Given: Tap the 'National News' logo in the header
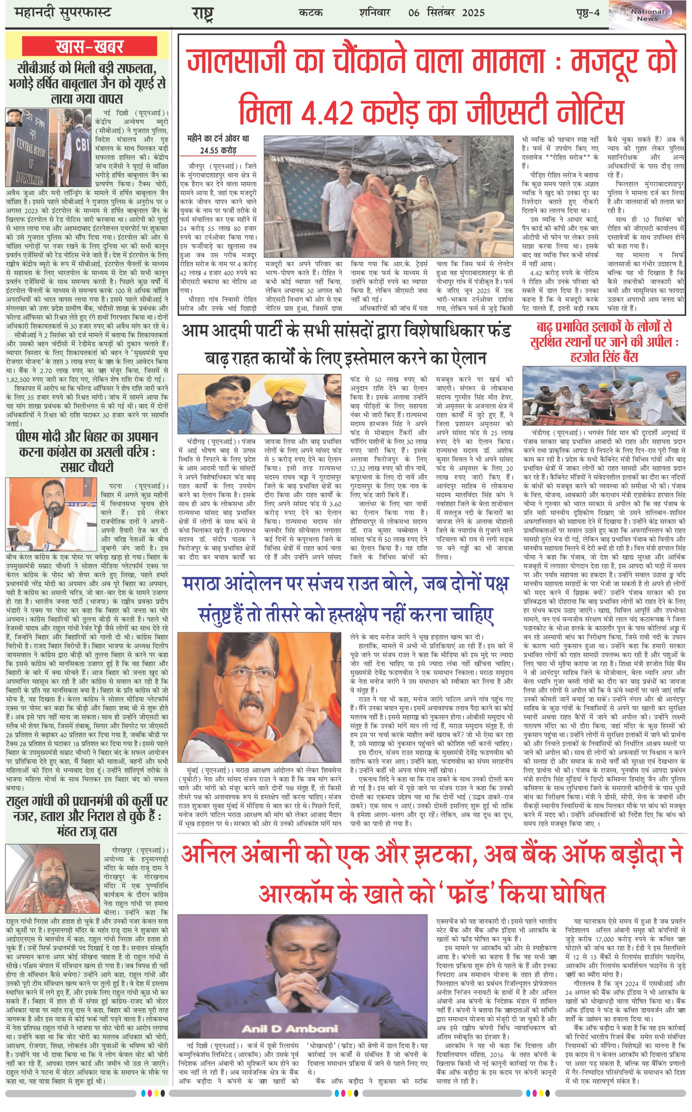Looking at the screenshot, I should (647, 15).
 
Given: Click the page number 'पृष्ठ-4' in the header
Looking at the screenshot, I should (587, 12).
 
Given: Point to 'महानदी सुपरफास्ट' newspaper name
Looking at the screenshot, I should (63, 12).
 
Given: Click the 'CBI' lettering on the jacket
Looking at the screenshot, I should (82, 145).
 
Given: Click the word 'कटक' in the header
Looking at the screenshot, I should (310, 12).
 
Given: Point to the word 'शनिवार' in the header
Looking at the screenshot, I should (374, 12).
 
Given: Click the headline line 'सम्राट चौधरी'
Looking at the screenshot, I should (86, 467).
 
